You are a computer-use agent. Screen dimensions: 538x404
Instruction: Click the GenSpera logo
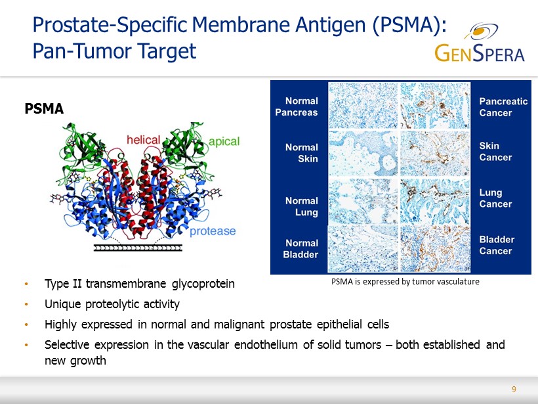(x=480, y=42)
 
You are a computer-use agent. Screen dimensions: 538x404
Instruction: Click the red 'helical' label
(x=144, y=140)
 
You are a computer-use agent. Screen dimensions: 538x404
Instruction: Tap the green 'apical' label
(x=224, y=141)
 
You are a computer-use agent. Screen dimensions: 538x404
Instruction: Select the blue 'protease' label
(x=213, y=231)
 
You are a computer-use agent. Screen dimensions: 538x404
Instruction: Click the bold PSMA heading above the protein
(x=44, y=109)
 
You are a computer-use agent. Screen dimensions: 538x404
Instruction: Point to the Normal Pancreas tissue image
(x=363, y=106)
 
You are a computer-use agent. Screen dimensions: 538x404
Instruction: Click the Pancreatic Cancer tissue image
(x=435, y=106)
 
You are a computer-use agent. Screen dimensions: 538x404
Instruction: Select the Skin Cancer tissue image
(x=435, y=153)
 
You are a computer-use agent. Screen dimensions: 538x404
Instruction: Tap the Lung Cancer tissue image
(x=435, y=201)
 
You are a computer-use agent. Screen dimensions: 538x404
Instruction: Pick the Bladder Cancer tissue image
(x=435, y=248)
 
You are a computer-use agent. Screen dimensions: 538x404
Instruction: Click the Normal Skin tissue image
(x=363, y=153)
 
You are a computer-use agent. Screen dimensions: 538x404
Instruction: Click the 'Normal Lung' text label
(x=302, y=206)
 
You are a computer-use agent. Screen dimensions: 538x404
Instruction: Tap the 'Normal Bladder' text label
(x=300, y=249)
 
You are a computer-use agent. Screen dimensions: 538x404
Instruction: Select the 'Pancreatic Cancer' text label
(x=503, y=107)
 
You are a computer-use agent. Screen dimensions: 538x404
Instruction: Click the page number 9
(x=514, y=389)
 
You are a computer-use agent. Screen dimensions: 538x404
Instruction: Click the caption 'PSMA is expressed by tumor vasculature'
(x=405, y=282)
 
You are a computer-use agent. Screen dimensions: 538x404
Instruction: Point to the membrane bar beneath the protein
(x=138, y=248)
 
